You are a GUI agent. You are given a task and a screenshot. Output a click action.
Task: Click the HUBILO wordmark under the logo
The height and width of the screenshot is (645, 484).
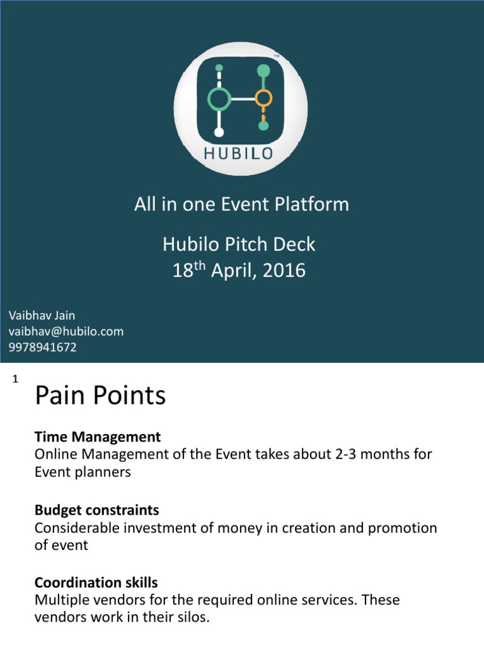coord(238,154)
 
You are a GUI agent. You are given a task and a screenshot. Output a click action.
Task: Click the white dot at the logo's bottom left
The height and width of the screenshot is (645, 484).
coord(219,132)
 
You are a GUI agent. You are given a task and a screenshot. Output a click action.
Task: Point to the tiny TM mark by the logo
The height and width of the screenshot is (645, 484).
coord(277,55)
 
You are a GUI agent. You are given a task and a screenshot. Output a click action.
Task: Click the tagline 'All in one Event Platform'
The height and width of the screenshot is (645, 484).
coord(241,204)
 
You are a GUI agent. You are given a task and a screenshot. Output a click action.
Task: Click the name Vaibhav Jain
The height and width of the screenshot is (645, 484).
coord(42,316)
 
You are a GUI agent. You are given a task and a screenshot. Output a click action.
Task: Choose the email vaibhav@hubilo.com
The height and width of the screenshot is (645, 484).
coord(66,331)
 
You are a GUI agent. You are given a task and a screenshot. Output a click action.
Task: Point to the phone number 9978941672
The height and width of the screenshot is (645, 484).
coord(42,347)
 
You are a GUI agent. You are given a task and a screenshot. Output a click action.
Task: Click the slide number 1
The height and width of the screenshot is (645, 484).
coord(16,379)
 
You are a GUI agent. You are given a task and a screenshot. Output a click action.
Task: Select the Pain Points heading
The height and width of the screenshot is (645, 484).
coord(100,396)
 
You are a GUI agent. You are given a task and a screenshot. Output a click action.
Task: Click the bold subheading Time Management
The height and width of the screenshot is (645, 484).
coord(98,437)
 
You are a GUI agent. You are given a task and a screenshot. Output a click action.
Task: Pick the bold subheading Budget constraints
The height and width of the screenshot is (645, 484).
coord(96,510)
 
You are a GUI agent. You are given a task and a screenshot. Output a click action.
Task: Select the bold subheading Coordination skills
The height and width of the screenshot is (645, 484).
coord(96,583)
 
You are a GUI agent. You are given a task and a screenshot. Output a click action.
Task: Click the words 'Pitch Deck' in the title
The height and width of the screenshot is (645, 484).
coord(270,244)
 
